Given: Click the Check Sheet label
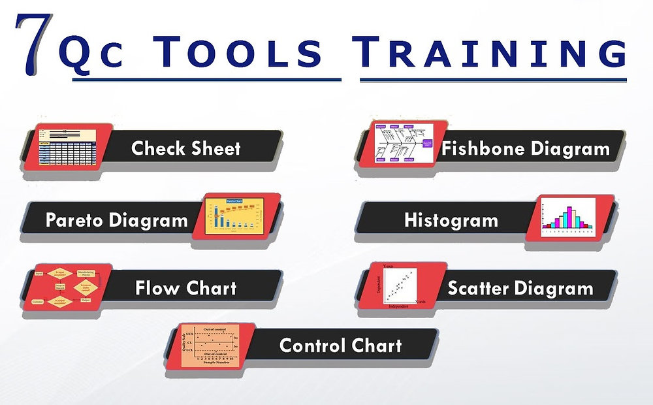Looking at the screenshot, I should point(186,148).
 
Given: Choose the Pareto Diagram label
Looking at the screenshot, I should point(117,220).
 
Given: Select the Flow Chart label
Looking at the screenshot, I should point(186,288).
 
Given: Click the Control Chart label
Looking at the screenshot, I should point(340,345).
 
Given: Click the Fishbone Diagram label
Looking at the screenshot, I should point(526,149).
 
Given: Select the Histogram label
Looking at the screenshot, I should point(451,220).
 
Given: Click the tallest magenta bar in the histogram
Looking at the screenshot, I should point(569,216).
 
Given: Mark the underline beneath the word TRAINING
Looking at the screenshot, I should point(493,80).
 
